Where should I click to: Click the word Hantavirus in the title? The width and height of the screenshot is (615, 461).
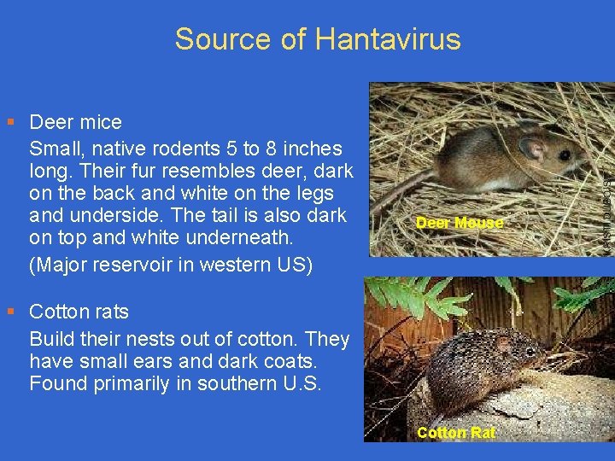point(388,38)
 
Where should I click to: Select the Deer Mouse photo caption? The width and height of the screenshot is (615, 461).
point(459,223)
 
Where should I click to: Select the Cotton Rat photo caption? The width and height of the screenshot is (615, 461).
point(455,433)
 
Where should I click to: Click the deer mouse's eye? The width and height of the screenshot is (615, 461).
point(565,155)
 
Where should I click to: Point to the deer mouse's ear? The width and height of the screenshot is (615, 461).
point(533,149)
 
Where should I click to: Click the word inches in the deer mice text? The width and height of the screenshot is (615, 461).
point(312,148)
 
